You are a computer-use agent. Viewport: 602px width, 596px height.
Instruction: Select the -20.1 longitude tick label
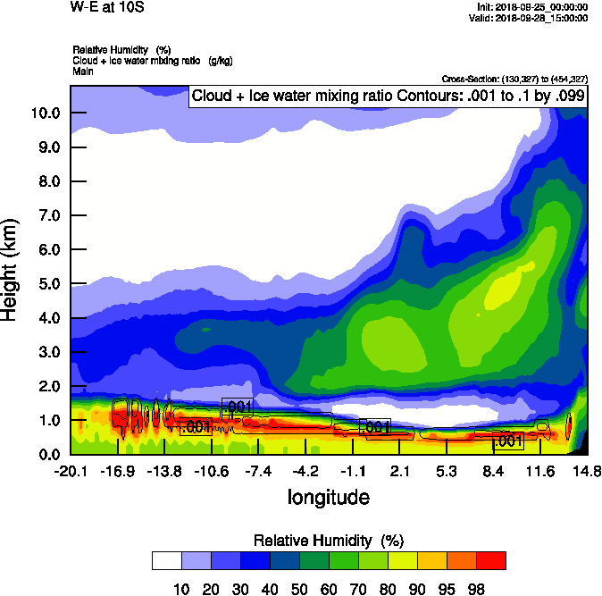click(x=70, y=471)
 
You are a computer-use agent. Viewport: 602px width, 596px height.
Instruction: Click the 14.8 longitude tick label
click(x=587, y=471)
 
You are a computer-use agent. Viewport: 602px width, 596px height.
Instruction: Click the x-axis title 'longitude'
click(x=328, y=496)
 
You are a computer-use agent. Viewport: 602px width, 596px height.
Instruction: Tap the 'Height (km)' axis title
click(x=12, y=270)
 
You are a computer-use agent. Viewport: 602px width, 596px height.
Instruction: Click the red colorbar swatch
click(x=491, y=560)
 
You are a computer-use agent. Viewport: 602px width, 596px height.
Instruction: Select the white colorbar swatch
click(x=167, y=560)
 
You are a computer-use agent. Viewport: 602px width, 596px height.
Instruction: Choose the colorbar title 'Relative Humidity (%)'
click(x=329, y=541)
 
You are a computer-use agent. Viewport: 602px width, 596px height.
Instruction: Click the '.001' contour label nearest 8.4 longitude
click(x=507, y=441)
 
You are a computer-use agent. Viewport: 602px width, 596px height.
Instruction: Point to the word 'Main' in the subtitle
click(x=82, y=70)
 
